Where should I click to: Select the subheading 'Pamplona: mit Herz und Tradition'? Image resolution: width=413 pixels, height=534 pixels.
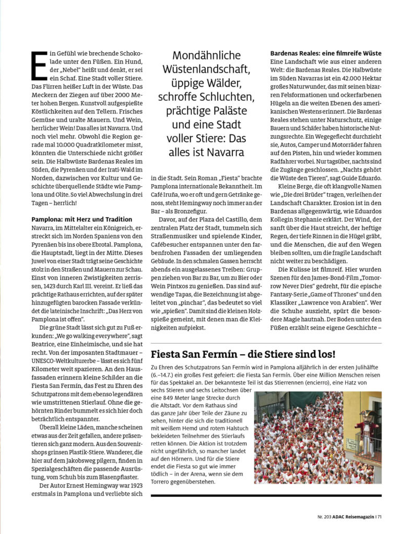click(x=82, y=219)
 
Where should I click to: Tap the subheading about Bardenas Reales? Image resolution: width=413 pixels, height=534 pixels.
click(x=325, y=53)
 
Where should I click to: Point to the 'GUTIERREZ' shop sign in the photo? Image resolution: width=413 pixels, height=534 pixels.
click(x=272, y=405)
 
